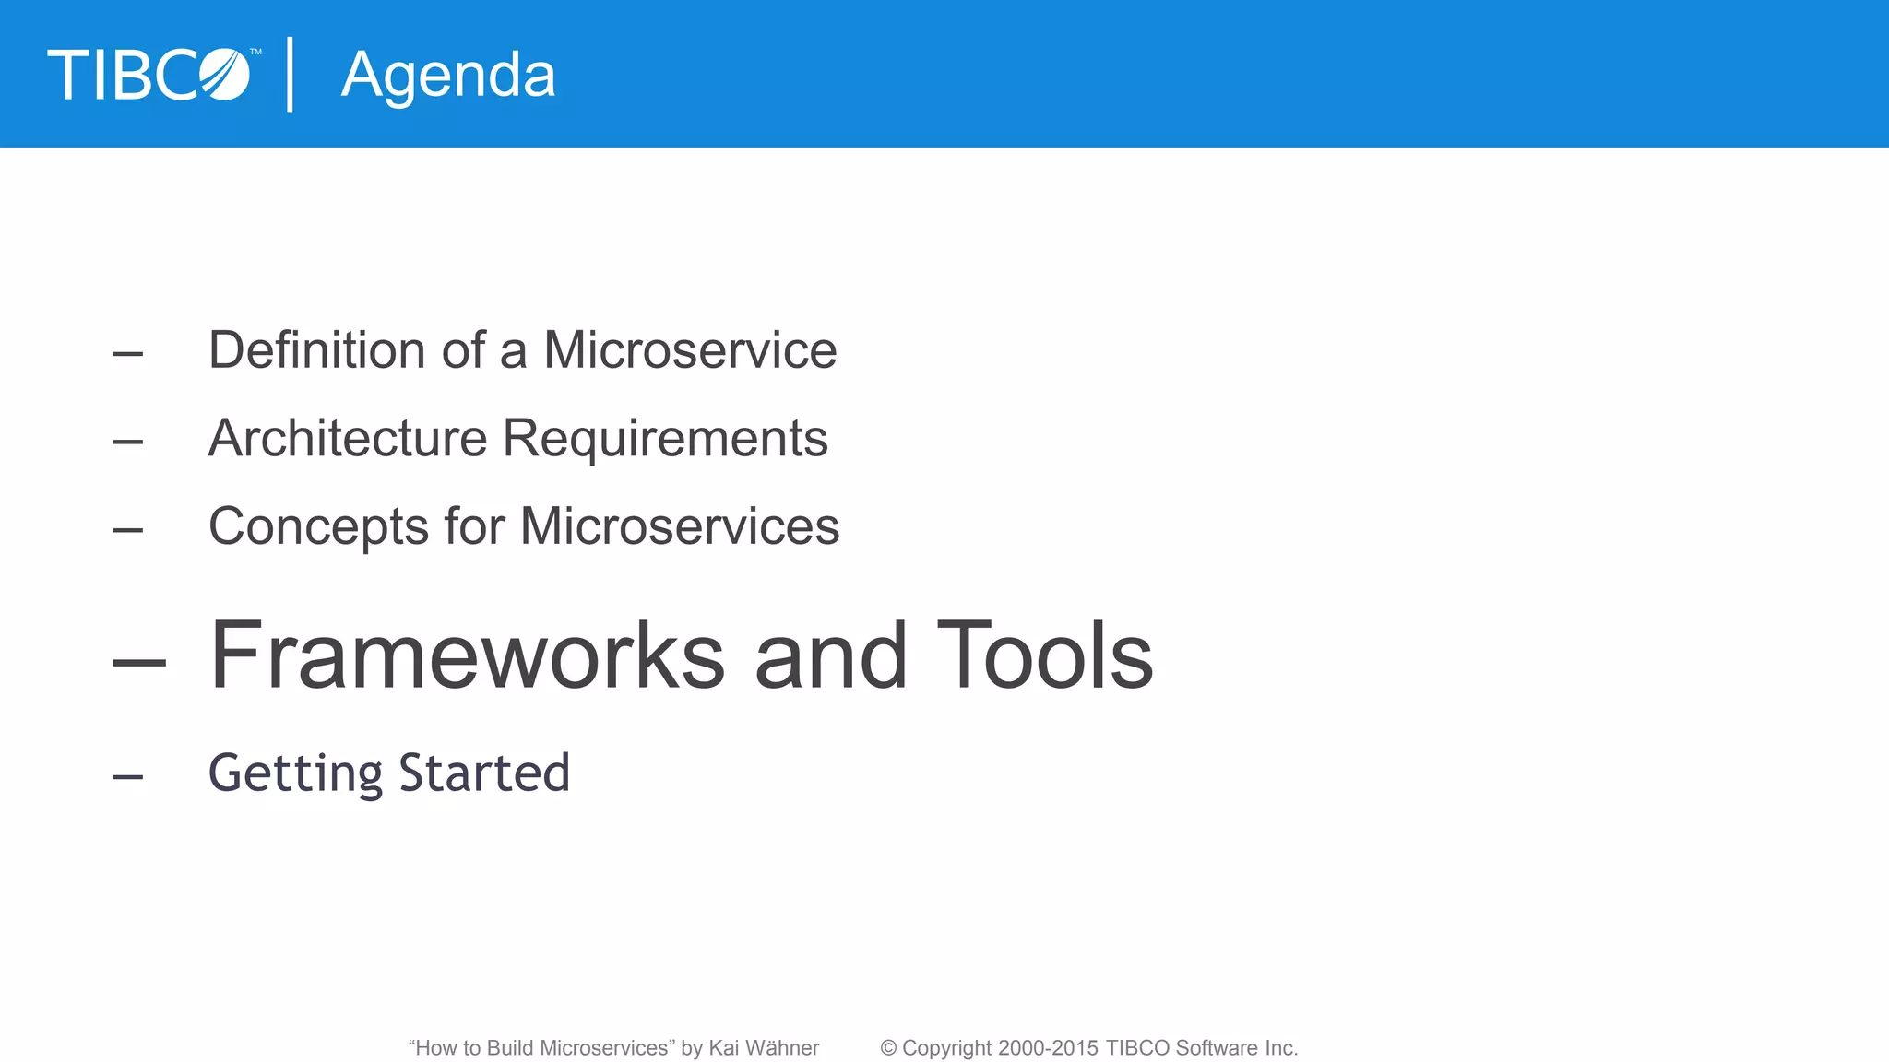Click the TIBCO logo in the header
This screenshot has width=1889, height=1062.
(149, 75)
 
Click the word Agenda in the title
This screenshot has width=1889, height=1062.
(448, 76)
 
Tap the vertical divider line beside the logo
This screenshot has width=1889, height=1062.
(291, 75)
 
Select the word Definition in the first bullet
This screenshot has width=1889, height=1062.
(316, 350)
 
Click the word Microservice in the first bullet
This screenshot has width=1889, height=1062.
(690, 350)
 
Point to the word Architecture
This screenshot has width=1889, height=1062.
(347, 438)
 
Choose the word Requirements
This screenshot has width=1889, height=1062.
(665, 438)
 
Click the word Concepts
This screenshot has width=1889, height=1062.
(318, 526)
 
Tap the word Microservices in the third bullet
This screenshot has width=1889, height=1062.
(680, 526)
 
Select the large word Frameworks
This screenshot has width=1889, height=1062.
(467, 655)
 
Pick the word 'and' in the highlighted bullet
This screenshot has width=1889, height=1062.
(830, 655)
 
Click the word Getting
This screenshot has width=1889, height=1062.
(295, 773)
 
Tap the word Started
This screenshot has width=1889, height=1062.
(484, 773)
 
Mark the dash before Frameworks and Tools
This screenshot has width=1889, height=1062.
(139, 661)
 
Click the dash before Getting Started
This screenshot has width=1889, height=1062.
(128, 777)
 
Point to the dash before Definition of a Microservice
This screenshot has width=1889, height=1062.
(128, 354)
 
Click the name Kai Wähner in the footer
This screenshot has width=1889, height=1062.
(764, 1048)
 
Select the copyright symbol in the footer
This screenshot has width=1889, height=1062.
(888, 1048)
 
